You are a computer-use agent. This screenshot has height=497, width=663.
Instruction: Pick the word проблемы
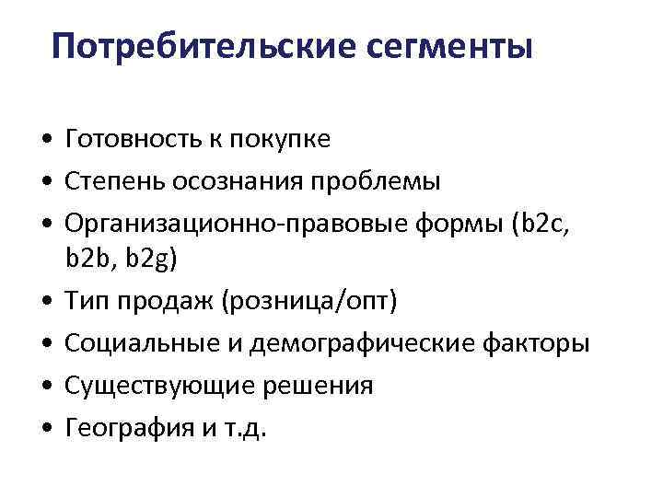point(372,182)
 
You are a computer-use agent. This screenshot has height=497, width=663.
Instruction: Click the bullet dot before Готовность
point(45,141)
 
